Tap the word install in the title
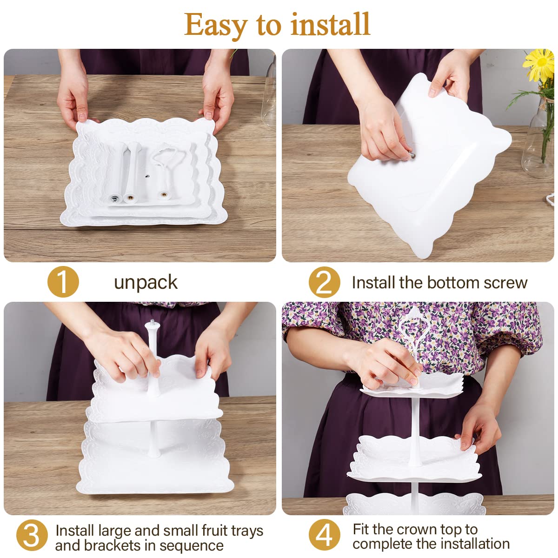pos(331,24)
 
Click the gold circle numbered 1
pos(63,282)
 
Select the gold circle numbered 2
pos(324,282)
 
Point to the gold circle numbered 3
pos(32,535)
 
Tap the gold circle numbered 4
pos(324,535)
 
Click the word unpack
pos(146,283)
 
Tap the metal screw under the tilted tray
pos(411,156)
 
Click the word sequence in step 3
pos(191,546)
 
